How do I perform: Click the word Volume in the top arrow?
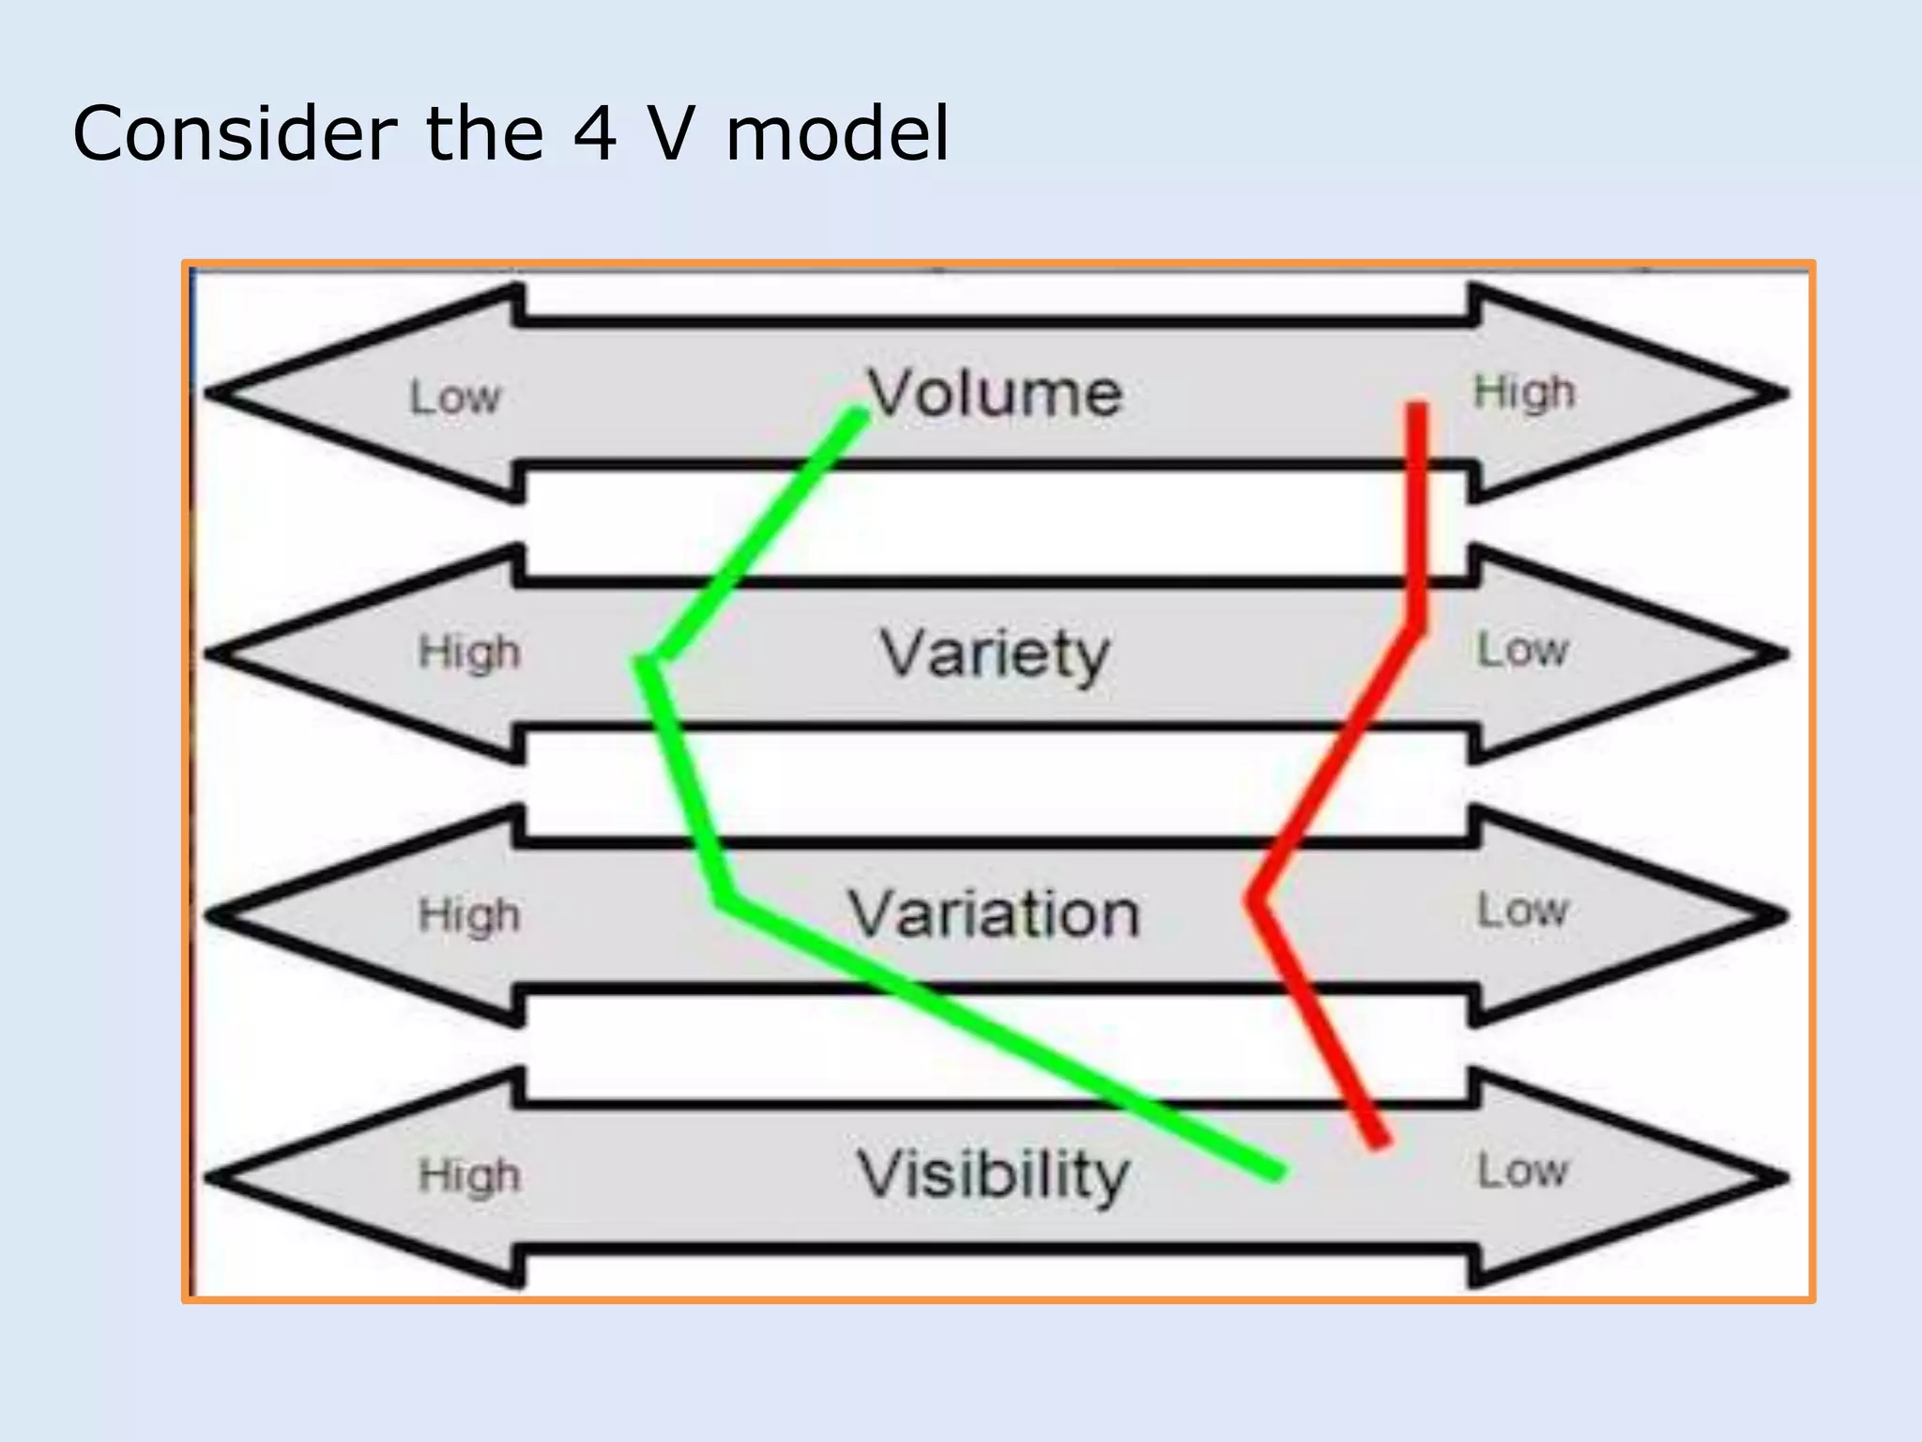pos(995,393)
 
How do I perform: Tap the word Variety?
pos(995,654)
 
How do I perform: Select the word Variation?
pos(995,914)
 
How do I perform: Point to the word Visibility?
pos(995,1174)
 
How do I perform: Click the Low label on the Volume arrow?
pos(455,398)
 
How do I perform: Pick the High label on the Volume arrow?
pos(1524,392)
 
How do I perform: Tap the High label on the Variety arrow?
pos(469,652)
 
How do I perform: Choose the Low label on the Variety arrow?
pos(1522,650)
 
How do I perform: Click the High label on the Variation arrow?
pos(469,914)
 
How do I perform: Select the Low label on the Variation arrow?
pos(1522,911)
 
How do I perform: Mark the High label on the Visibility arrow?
pos(469,1175)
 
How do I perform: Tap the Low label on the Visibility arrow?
pos(1522,1172)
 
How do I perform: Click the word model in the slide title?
pos(838,133)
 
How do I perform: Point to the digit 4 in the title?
pos(595,133)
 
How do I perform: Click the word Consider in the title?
pos(235,133)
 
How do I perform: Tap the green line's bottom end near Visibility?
pos(1276,1172)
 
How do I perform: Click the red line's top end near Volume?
pos(1417,407)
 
